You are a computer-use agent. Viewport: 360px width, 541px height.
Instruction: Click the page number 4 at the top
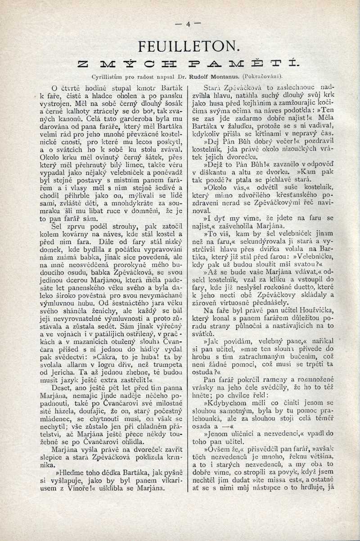click(189, 24)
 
